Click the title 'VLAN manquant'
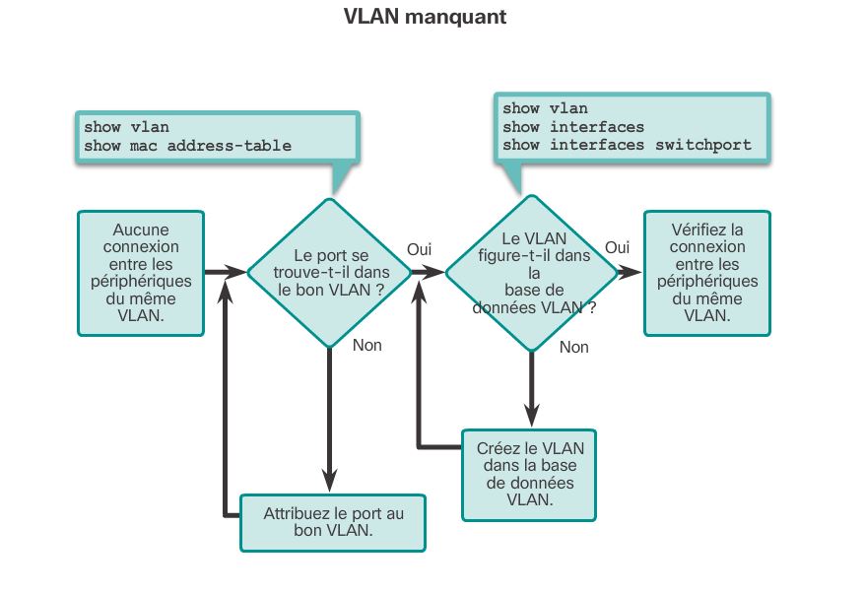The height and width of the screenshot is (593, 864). pos(425,17)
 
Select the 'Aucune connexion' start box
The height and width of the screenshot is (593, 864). pos(141,272)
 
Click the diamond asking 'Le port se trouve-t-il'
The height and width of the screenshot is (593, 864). pos(330,272)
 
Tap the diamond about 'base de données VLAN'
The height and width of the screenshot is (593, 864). pos(533,273)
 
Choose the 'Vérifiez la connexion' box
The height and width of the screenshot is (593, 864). pos(706,272)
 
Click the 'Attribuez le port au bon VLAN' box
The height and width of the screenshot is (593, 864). pos(333,522)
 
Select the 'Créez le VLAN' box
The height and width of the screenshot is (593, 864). pos(529,473)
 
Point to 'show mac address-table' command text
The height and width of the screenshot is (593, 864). pos(187,146)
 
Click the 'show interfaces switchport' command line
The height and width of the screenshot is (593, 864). pos(627,145)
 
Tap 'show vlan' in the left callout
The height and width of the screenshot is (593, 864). pos(126,127)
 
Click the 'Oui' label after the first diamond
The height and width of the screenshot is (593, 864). pos(420,250)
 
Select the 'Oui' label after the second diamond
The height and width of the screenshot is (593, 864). pos(617,248)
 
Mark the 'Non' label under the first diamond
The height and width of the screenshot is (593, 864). pos(366,346)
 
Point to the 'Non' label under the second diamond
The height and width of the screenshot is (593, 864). pos(573,347)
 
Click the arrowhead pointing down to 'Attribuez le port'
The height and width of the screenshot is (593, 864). pos(330,481)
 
